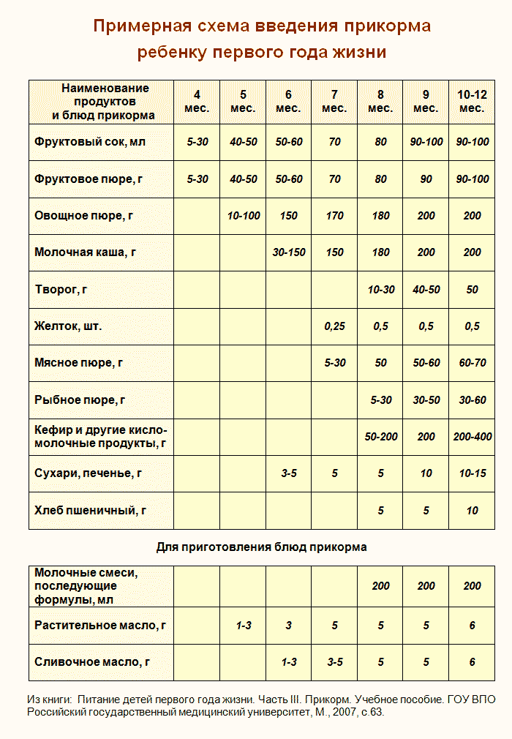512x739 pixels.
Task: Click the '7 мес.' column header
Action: [334, 101]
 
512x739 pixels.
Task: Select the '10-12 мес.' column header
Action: [472, 101]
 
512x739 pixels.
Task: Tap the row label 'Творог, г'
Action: [61, 290]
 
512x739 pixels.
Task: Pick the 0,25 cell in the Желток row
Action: [334, 326]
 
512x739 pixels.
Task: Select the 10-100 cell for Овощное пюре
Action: [244, 216]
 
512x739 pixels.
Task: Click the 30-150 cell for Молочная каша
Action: [288, 252]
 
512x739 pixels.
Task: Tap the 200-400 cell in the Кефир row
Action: [472, 437]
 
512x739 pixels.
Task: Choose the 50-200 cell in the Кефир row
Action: [380, 437]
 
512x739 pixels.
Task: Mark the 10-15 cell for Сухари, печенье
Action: [472, 473]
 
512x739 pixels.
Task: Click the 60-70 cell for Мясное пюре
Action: [472, 363]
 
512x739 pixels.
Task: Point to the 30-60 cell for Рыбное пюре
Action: [472, 399]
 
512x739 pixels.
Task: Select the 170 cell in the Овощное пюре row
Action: [334, 216]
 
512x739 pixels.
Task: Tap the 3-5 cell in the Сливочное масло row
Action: [334, 662]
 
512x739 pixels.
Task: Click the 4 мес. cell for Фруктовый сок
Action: [197, 142]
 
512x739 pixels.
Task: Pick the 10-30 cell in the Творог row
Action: [380, 290]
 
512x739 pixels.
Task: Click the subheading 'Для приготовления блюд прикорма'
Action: [261, 547]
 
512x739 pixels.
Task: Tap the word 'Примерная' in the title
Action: [138, 27]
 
